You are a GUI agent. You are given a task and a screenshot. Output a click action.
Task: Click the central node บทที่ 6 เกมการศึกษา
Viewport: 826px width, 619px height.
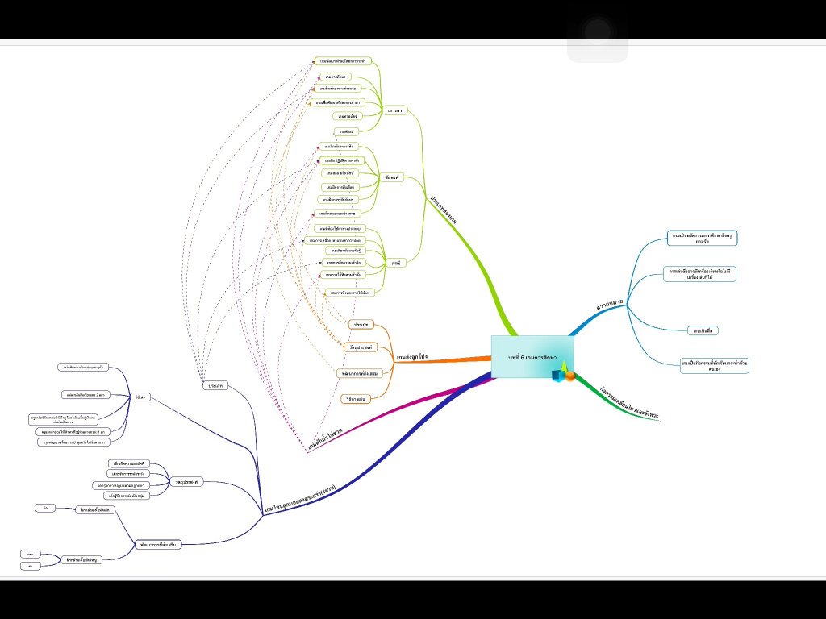click(x=532, y=356)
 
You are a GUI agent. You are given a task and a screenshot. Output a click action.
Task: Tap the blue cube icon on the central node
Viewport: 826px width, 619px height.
click(x=557, y=375)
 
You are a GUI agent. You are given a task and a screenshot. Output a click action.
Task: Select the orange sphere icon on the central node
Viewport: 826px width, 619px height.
click(x=569, y=376)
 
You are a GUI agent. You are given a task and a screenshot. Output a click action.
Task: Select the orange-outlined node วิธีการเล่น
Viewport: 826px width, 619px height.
click(x=356, y=398)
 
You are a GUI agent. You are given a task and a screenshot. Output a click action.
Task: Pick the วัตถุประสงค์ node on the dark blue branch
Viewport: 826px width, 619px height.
click(x=188, y=481)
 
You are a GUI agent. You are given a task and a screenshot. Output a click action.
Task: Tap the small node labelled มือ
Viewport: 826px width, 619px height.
click(x=45, y=508)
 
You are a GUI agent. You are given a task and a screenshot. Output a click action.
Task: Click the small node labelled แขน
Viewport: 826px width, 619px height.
click(x=29, y=555)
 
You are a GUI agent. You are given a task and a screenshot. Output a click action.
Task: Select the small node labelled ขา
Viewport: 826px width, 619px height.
click(x=29, y=566)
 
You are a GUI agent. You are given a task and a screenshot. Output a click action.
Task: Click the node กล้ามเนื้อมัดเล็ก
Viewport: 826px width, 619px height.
click(x=95, y=510)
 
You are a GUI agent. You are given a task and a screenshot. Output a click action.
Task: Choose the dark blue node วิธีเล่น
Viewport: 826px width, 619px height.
click(x=140, y=397)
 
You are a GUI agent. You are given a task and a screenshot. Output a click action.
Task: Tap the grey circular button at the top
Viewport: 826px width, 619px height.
click(x=598, y=33)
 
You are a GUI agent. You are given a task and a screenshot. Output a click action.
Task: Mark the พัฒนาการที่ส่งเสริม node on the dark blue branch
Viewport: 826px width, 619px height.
click(x=156, y=545)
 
